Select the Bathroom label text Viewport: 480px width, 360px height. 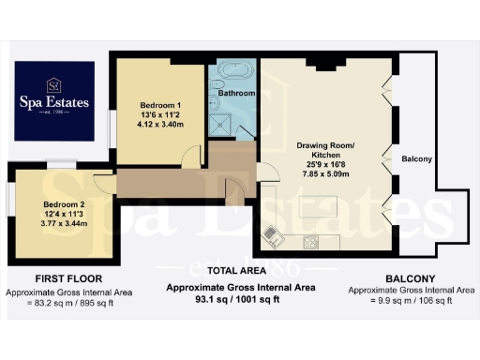tap(236, 94)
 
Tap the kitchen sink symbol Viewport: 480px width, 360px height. tap(271, 232)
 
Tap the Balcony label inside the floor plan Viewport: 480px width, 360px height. tap(416, 159)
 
